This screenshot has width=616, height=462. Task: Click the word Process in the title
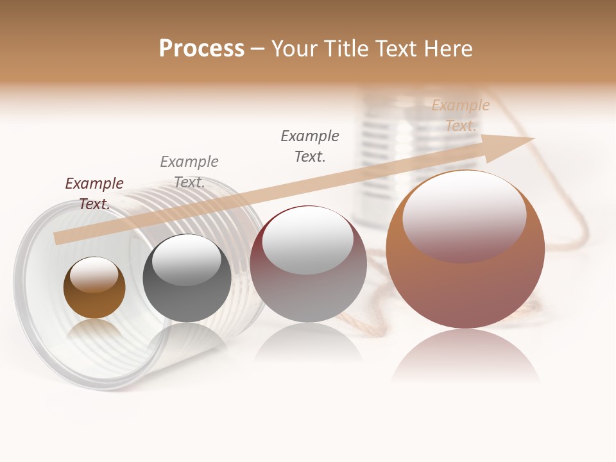tap(201, 48)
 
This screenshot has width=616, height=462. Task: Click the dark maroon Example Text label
tap(94, 194)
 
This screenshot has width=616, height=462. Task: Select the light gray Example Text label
tap(189, 172)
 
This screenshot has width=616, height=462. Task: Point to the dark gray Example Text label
tap(310, 146)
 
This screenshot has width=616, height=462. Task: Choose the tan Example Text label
tap(461, 116)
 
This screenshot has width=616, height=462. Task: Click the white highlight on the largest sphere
tap(465, 215)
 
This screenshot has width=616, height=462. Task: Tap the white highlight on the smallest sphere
tap(94, 275)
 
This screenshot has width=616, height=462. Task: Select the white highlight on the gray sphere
tap(187, 260)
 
